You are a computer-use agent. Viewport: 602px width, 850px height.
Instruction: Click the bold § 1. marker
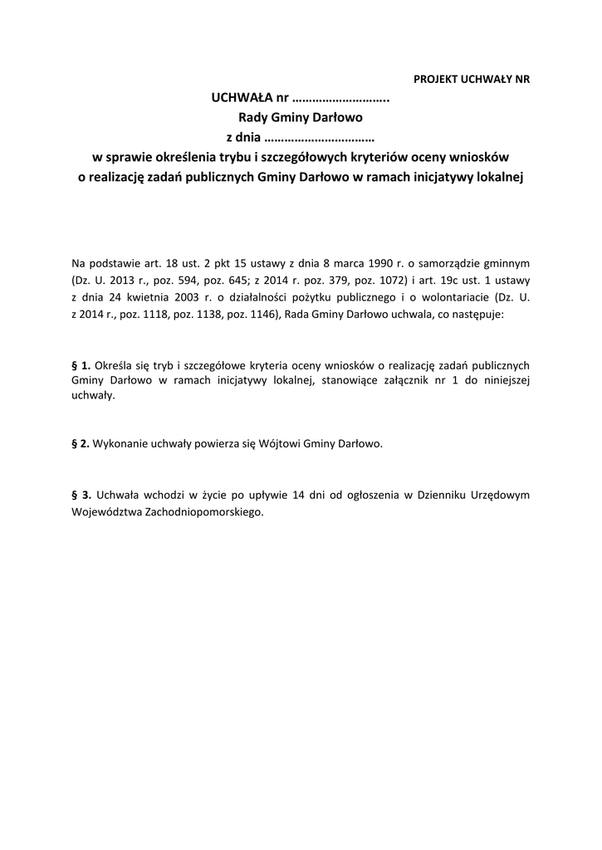point(81,364)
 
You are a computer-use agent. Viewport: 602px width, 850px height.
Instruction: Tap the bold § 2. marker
point(81,444)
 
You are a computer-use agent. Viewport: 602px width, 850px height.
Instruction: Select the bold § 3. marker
point(81,494)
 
